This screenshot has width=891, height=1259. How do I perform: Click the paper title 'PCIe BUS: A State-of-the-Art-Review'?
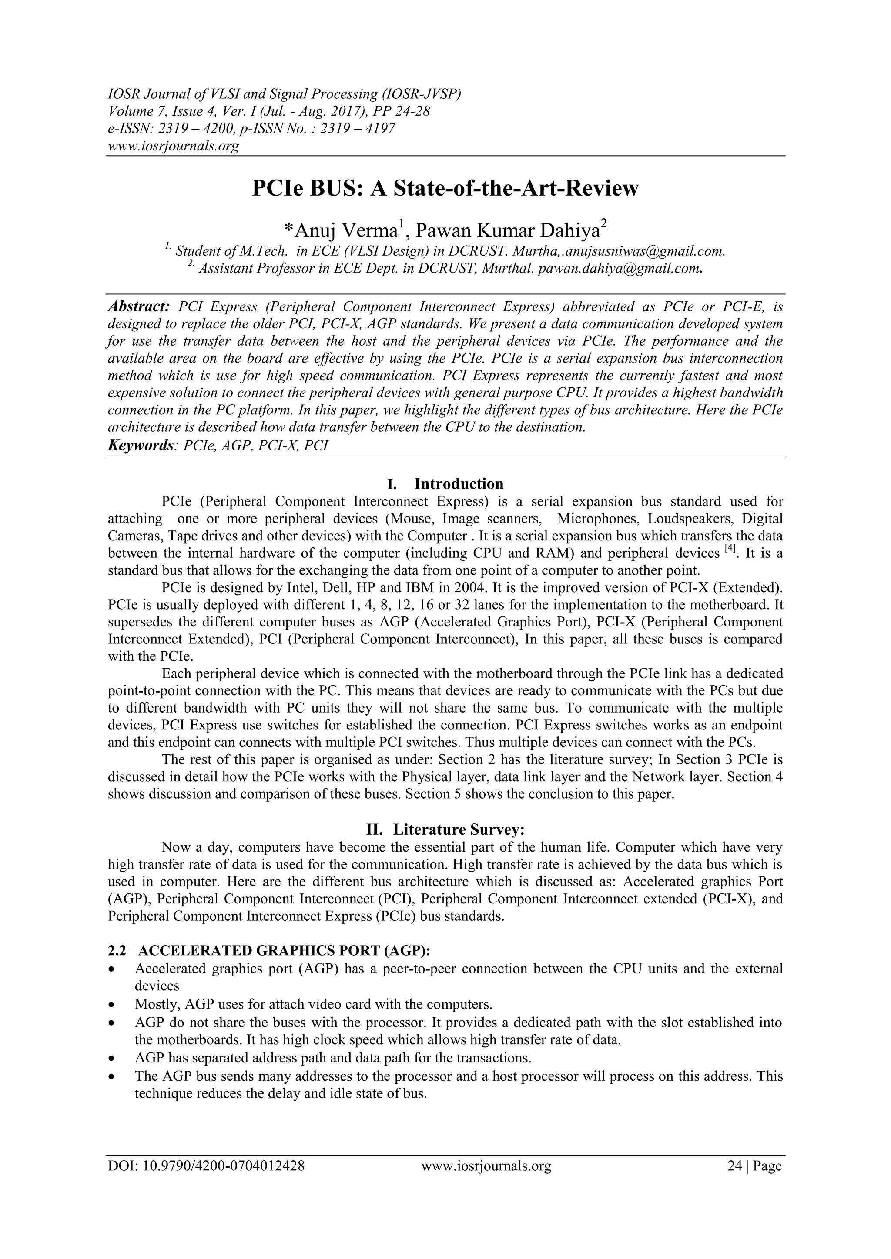(445, 189)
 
